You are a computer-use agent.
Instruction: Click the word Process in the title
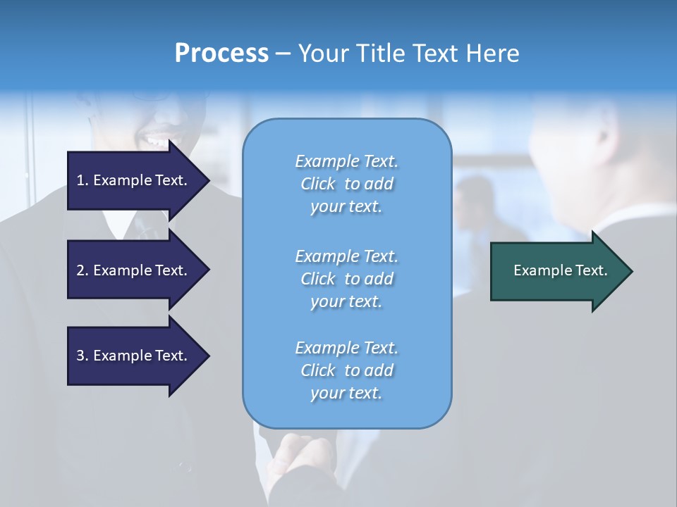pos(221,53)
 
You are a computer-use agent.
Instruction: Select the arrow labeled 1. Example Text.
pos(134,180)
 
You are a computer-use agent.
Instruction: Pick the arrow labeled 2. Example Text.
pos(134,270)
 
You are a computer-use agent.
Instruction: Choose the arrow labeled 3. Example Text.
pos(134,356)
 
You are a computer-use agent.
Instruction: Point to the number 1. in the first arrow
pos(83,180)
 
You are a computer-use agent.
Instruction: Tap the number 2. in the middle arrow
pos(83,270)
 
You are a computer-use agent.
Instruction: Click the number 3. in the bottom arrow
pos(83,356)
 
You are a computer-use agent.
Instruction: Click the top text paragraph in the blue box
pos(346,184)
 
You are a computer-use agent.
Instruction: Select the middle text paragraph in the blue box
pos(346,279)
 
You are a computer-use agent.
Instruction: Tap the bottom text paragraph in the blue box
pos(346,370)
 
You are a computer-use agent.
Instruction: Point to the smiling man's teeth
pos(157,141)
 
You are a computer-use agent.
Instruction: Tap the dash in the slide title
pos(283,54)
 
